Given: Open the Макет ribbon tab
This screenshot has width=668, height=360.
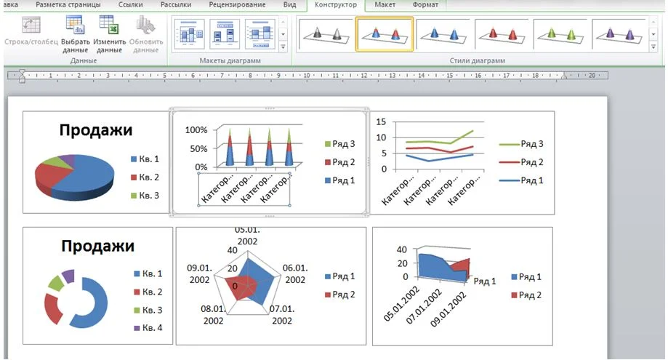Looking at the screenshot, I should coord(385,5).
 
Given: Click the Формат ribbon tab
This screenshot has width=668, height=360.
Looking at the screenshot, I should coord(425,5).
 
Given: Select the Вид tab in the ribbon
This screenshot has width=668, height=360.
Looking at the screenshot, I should coord(289,5).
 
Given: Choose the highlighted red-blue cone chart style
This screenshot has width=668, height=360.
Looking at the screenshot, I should coord(385,33).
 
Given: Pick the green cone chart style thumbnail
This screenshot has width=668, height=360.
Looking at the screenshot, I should coord(562,33).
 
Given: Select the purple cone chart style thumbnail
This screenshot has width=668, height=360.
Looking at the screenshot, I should coord(619,33).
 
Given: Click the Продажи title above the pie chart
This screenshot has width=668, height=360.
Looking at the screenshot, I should coord(96,130).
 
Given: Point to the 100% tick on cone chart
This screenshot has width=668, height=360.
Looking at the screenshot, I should coord(197,130).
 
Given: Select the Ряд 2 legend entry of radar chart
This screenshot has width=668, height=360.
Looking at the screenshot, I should coord(339,295).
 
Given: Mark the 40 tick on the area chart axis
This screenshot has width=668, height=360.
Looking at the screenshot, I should coord(401,249).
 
